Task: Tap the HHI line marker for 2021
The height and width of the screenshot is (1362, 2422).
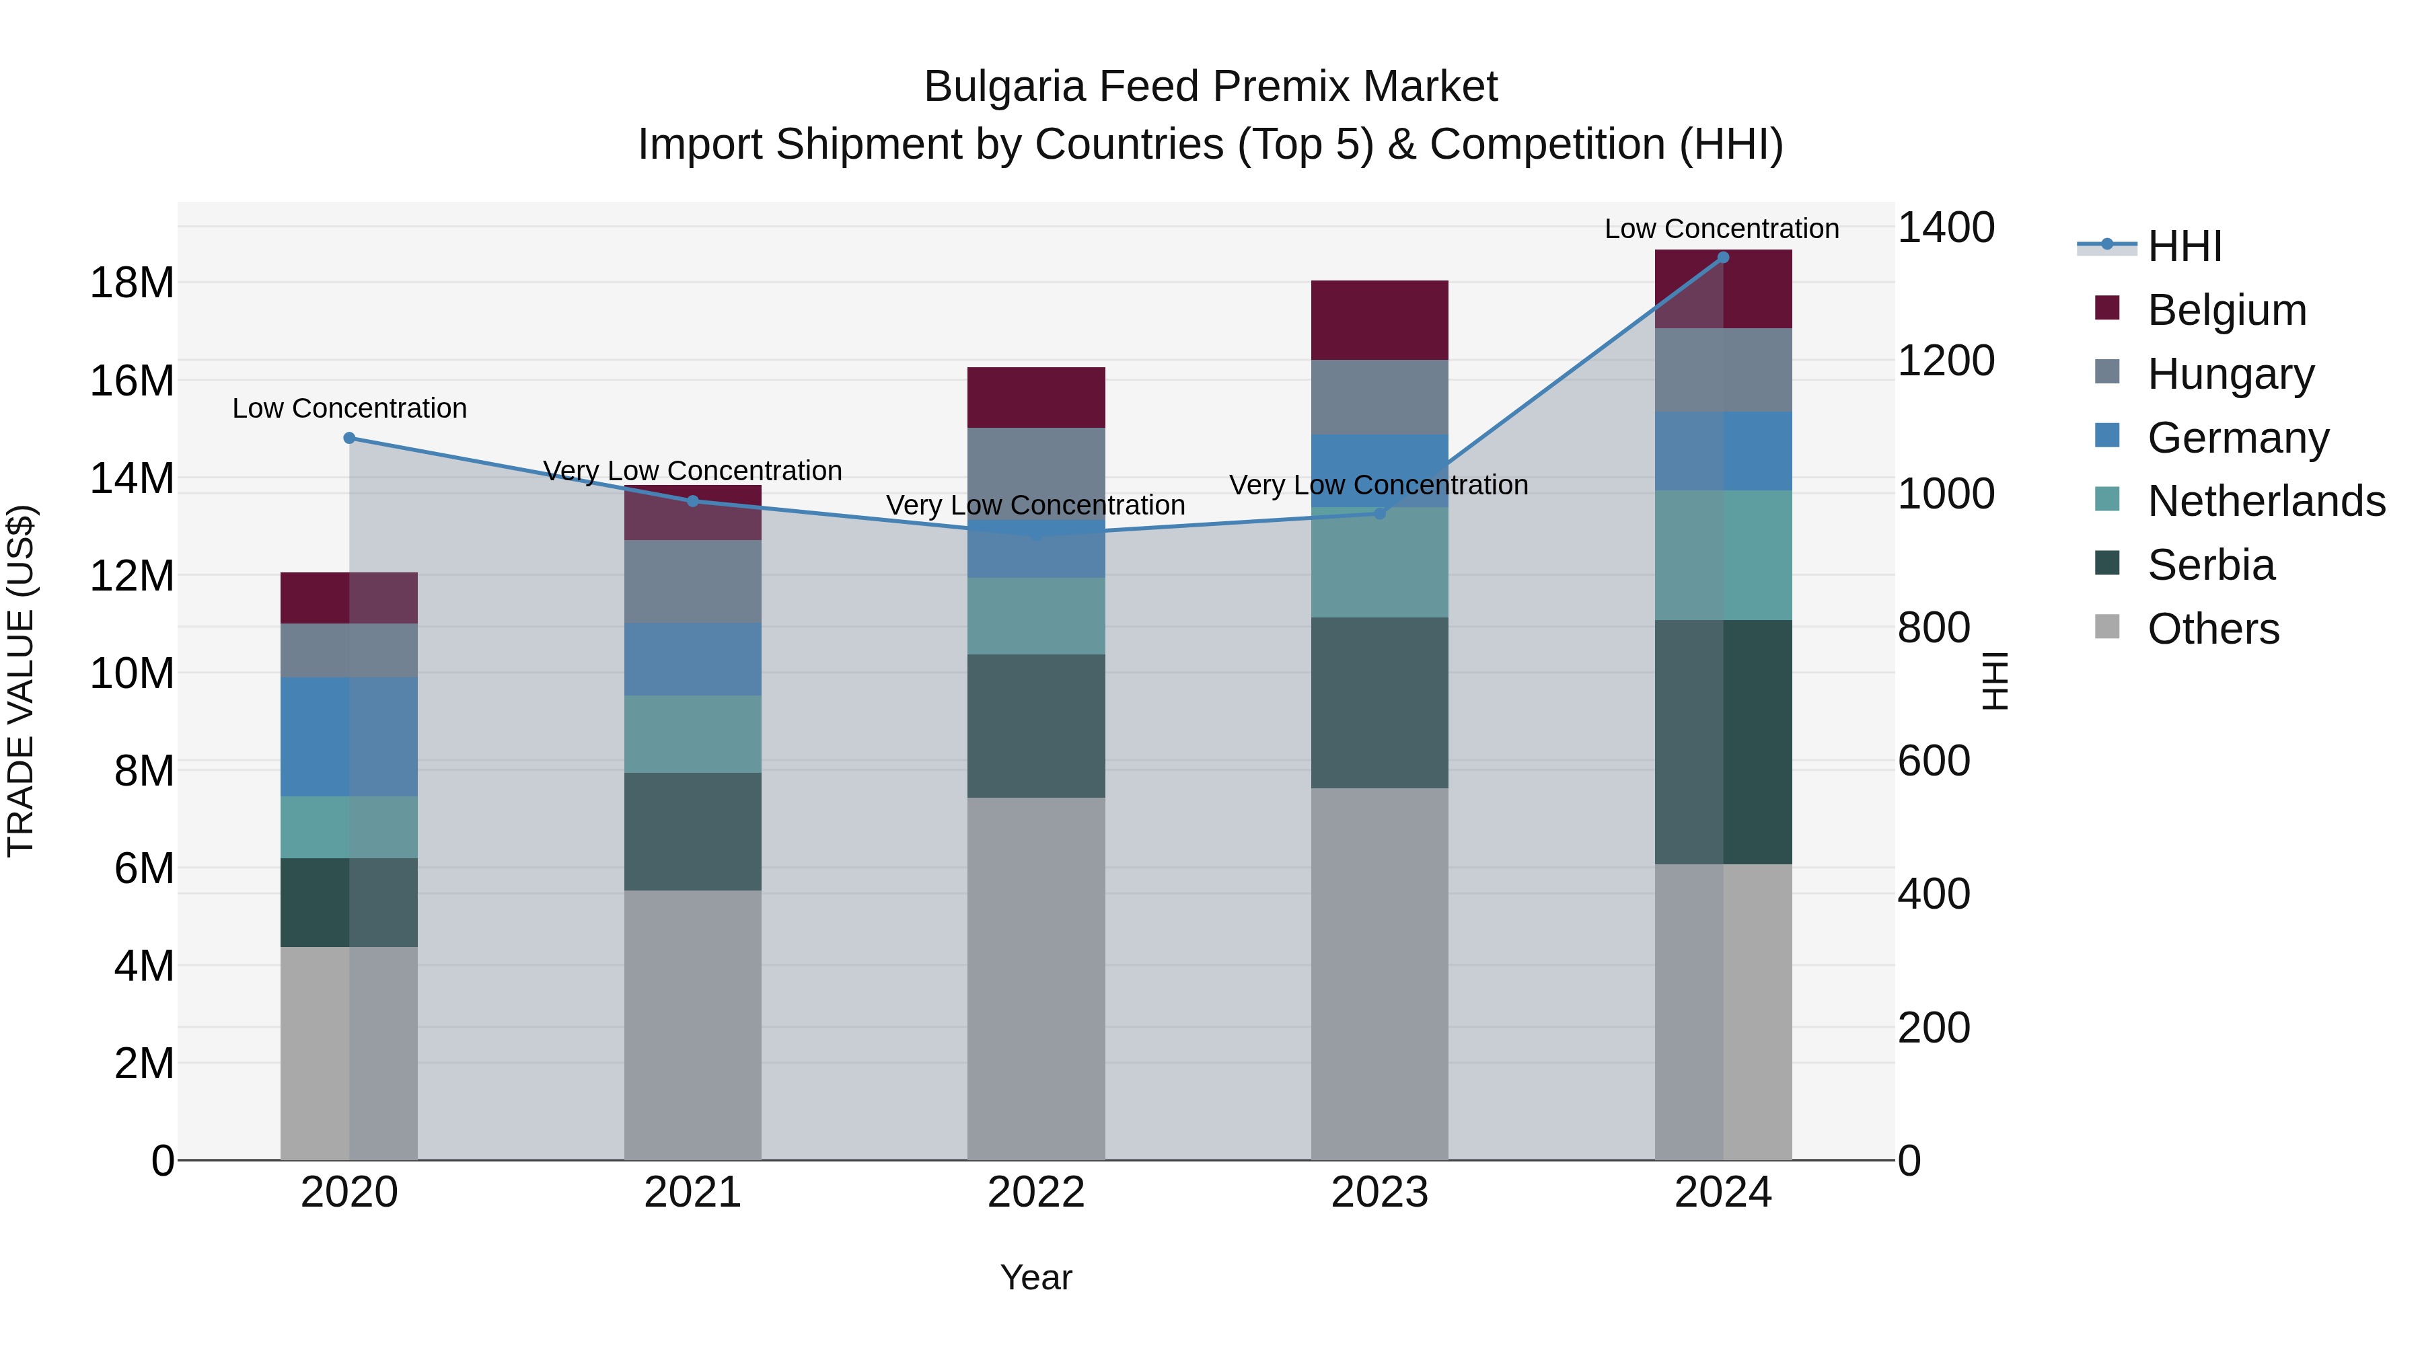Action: pos(693,501)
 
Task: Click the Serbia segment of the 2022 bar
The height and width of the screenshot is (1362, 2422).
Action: pos(1036,726)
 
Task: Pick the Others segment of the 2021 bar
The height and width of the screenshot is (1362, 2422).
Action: pos(693,1024)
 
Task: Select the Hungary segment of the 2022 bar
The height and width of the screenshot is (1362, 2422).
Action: pos(1036,473)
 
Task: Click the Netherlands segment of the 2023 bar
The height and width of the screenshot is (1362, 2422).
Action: pos(1379,562)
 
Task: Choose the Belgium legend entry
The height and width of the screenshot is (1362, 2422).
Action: pos(2226,310)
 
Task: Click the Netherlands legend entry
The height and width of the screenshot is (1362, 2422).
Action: pos(2265,501)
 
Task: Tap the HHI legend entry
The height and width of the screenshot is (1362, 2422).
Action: pos(2183,246)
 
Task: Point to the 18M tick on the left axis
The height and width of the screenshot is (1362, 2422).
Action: pos(132,283)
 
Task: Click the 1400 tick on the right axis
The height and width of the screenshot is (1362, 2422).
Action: pos(1945,227)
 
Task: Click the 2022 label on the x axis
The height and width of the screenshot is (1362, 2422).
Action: pos(1036,1193)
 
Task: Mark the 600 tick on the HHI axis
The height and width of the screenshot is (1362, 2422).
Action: pos(1933,761)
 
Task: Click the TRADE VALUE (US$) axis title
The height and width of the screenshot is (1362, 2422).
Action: pos(21,681)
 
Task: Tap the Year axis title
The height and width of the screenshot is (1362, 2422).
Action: pos(1036,1277)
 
